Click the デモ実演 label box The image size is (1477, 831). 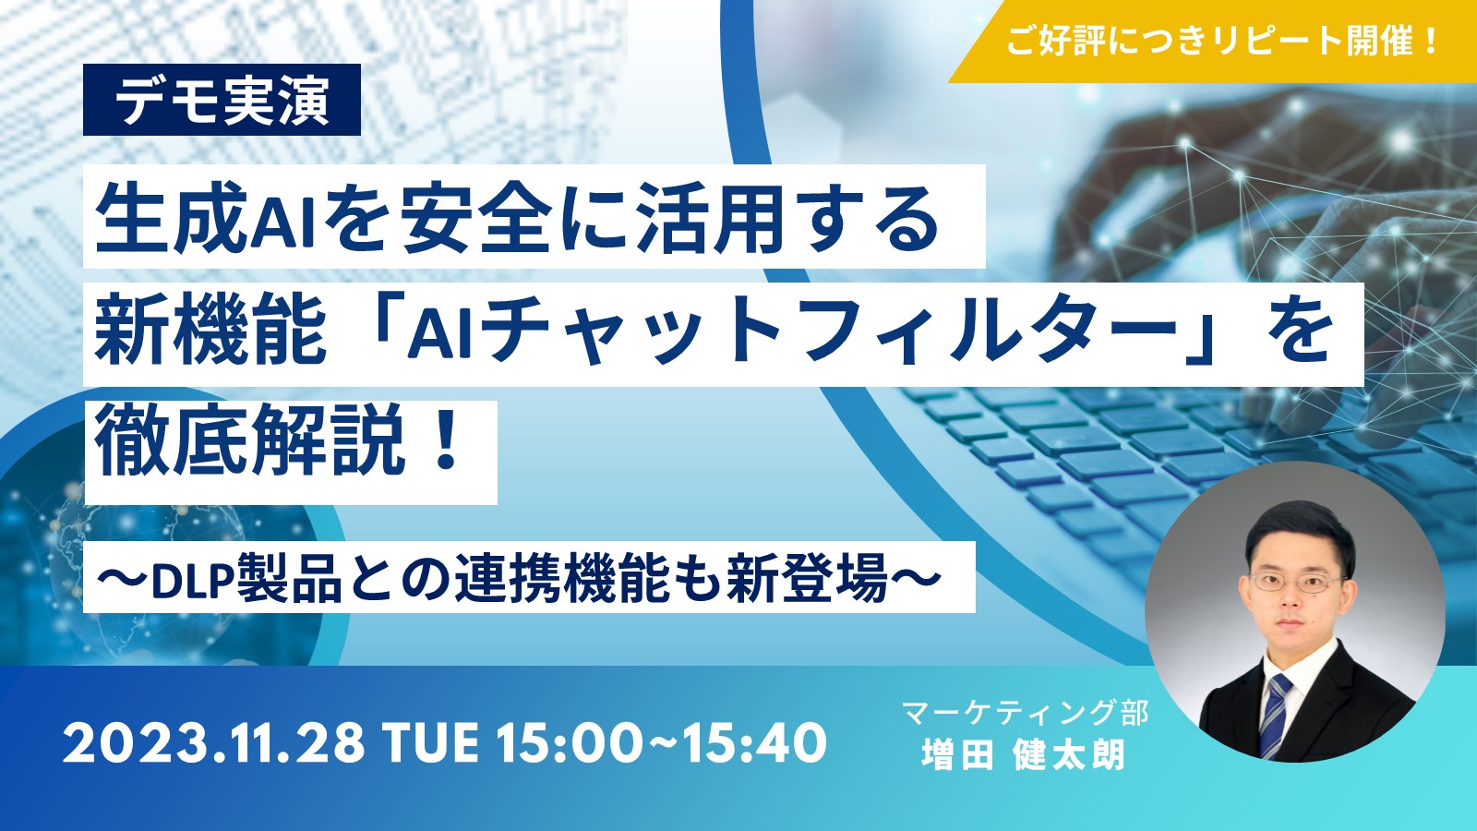[222, 100]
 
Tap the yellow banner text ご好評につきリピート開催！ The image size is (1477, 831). [1223, 41]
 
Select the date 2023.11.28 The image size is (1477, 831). [213, 743]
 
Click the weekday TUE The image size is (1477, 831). [430, 743]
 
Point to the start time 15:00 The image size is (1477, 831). [569, 743]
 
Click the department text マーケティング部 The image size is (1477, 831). [1026, 713]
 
